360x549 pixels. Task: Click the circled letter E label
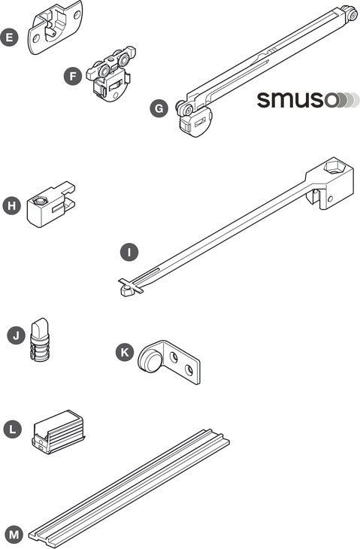(x=10, y=37)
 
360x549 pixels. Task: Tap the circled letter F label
(x=73, y=76)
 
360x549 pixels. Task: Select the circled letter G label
(x=159, y=108)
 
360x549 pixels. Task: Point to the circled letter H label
(x=11, y=205)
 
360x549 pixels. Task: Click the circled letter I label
(x=129, y=252)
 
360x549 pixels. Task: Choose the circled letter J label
(x=16, y=335)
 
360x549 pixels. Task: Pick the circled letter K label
(x=125, y=352)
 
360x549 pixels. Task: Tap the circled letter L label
(x=13, y=429)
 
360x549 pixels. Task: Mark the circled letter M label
(x=14, y=535)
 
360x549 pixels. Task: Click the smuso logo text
(x=298, y=100)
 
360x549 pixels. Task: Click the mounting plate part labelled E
(x=56, y=26)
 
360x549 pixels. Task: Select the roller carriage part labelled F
(x=111, y=74)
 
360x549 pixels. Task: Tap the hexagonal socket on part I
(x=334, y=166)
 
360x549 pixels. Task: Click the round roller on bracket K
(x=150, y=360)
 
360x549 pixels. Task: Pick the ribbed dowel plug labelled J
(x=40, y=341)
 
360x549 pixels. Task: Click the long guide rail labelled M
(x=129, y=488)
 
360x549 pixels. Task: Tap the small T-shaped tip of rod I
(x=130, y=287)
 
